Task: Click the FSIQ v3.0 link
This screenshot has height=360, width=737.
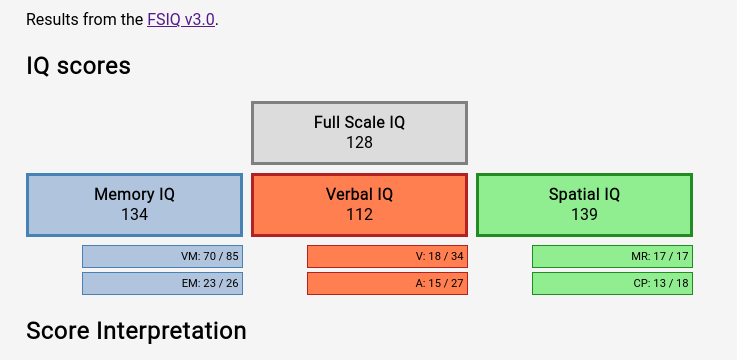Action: point(181,20)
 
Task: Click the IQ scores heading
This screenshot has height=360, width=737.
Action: point(78,66)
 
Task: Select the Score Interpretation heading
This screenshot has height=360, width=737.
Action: point(136,331)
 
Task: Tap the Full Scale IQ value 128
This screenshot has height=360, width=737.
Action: point(360,142)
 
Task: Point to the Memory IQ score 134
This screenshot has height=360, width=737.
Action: point(134,214)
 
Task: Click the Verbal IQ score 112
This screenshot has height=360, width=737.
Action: point(360,214)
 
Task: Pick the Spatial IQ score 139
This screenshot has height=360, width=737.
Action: point(584,214)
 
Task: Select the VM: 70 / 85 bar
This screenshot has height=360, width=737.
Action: point(163,257)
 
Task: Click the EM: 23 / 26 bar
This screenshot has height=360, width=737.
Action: point(163,284)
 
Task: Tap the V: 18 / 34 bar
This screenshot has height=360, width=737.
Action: point(387,257)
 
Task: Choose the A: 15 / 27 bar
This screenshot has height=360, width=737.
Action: point(387,284)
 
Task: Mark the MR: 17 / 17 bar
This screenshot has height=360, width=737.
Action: point(612,257)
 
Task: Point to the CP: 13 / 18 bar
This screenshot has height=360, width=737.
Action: point(612,284)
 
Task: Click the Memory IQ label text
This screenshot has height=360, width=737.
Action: point(134,195)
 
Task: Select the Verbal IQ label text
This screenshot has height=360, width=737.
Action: point(360,194)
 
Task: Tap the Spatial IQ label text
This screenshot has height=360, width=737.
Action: point(584,195)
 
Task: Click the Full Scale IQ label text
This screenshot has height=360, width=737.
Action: point(360,122)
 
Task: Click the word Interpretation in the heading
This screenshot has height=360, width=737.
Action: point(172,331)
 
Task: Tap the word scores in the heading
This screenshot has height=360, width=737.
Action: point(94,67)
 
